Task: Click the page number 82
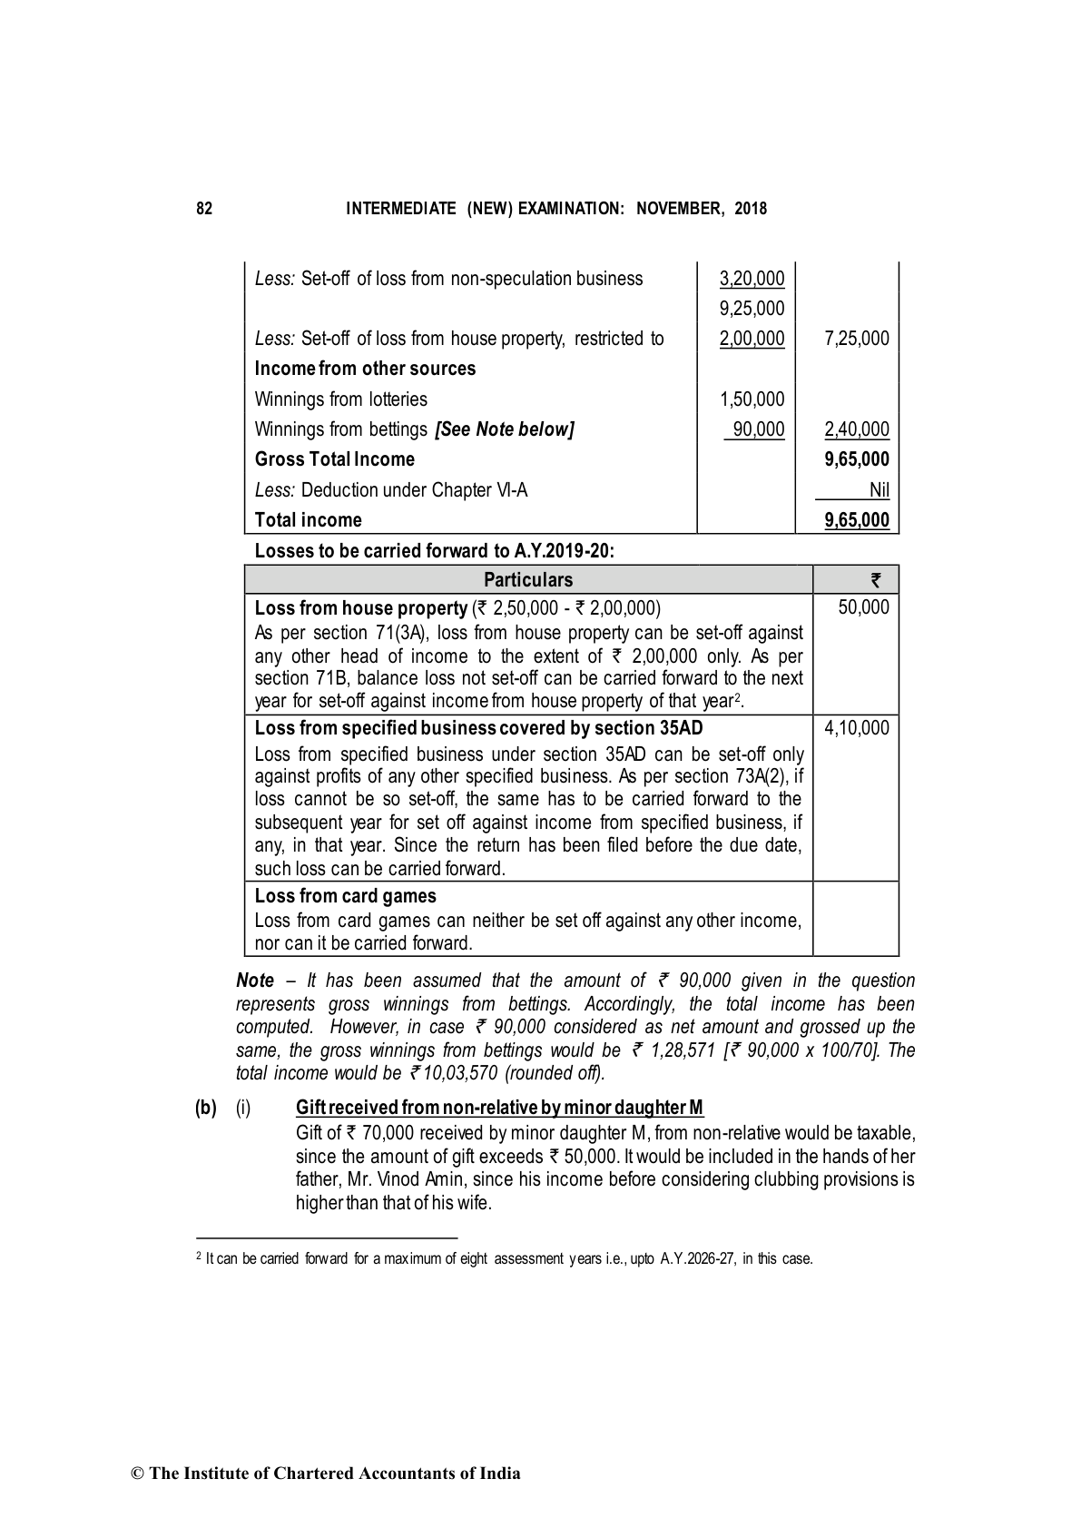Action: click(x=204, y=209)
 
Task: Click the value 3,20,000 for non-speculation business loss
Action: click(x=752, y=279)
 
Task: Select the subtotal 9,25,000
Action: click(x=752, y=309)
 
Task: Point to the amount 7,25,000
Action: click(x=857, y=339)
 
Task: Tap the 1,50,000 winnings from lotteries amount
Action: click(x=752, y=399)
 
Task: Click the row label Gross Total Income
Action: click(x=334, y=459)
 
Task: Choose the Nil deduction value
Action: click(x=879, y=490)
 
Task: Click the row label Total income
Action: click(x=308, y=520)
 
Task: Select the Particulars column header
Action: click(x=528, y=580)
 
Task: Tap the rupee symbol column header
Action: click(x=876, y=580)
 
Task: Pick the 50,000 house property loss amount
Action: click(x=863, y=607)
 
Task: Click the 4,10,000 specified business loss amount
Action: click(x=857, y=728)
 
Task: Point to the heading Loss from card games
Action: click(x=345, y=896)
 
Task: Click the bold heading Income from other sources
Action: click(x=365, y=369)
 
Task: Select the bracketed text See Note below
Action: click(x=505, y=429)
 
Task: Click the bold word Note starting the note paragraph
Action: click(x=255, y=981)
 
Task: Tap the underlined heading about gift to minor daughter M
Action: click(x=499, y=1108)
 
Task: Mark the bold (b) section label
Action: click(x=206, y=1108)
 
